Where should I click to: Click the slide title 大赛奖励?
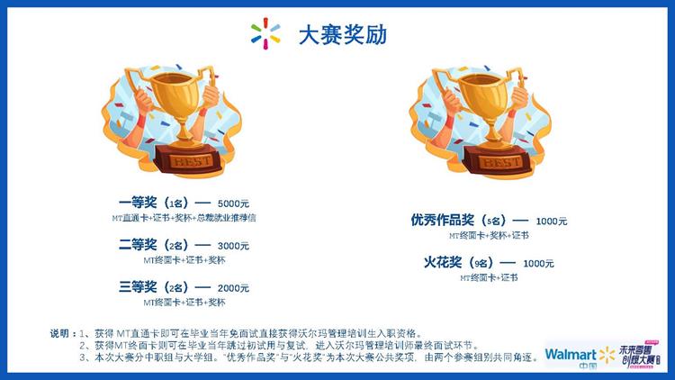tap(344, 35)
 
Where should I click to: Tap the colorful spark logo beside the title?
tap(265, 34)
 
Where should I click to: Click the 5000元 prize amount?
tap(234, 203)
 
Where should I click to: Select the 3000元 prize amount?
tap(234, 245)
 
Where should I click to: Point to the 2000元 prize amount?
tap(234, 288)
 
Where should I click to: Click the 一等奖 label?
tap(138, 202)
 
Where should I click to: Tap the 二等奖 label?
tap(138, 244)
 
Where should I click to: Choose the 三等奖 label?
tap(138, 287)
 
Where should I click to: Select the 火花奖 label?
tap(443, 263)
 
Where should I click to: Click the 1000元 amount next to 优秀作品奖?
tap(551, 221)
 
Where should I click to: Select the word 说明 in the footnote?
tap(61, 334)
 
